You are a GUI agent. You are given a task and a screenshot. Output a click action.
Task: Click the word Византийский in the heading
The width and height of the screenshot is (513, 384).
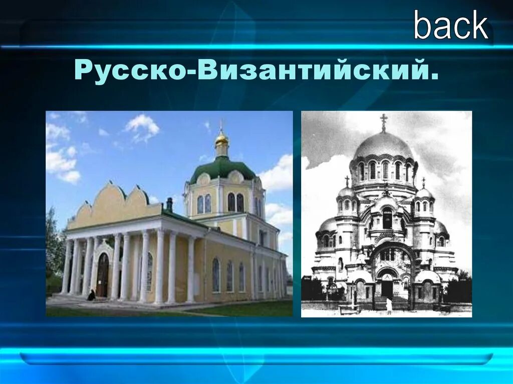tap(314, 71)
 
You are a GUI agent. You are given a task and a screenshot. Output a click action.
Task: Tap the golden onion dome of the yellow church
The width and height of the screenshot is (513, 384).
tap(221, 139)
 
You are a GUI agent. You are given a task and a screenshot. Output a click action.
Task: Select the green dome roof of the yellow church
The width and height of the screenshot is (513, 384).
tap(222, 168)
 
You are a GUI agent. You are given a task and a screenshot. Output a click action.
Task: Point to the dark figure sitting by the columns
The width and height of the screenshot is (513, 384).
tap(91, 295)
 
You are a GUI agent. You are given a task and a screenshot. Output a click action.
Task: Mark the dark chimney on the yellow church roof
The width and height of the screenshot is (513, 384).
tap(169, 204)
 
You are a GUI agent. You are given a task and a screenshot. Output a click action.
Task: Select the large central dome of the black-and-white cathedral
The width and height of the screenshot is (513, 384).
tap(383, 145)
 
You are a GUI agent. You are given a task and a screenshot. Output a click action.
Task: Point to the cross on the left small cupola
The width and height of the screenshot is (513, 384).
tap(346, 181)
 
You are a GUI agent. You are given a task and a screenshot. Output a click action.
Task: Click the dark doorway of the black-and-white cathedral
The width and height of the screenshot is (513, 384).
tap(387, 288)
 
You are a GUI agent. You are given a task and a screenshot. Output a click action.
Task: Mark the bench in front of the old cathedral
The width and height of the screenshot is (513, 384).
tap(349, 309)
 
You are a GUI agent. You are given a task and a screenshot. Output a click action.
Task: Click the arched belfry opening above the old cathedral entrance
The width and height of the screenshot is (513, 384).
tap(387, 219)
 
